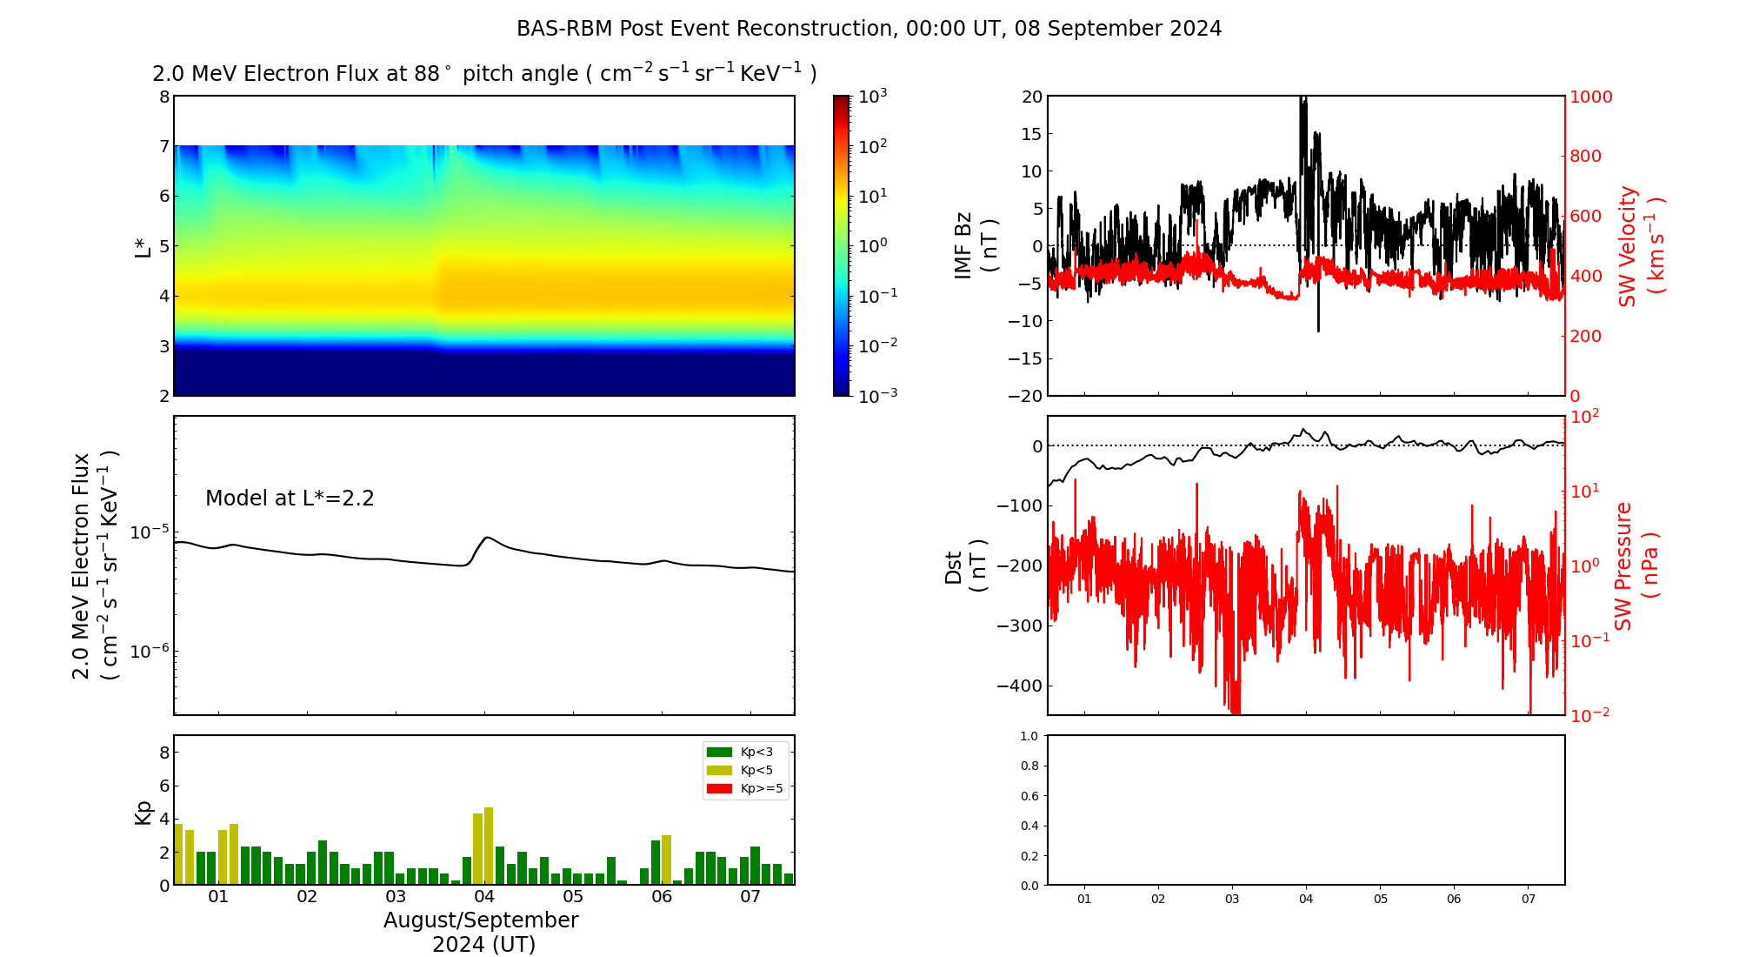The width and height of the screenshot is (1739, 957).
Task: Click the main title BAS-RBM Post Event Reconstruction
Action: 869,29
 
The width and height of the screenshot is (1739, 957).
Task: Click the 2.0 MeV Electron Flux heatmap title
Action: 484,74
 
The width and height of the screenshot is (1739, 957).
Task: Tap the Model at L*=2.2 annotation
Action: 290,499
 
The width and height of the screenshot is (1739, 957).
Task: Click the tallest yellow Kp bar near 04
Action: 489,844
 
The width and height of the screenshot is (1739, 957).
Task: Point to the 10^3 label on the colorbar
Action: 872,97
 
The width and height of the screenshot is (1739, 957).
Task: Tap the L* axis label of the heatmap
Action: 143,246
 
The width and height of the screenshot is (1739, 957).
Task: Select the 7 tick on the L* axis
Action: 163,146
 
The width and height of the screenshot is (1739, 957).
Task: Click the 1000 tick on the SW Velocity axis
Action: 1590,97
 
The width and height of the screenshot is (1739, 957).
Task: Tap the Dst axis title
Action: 965,565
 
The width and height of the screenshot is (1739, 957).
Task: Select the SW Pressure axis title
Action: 1636,565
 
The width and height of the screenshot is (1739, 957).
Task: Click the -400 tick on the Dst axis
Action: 1020,686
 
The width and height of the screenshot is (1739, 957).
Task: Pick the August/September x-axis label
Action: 481,920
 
